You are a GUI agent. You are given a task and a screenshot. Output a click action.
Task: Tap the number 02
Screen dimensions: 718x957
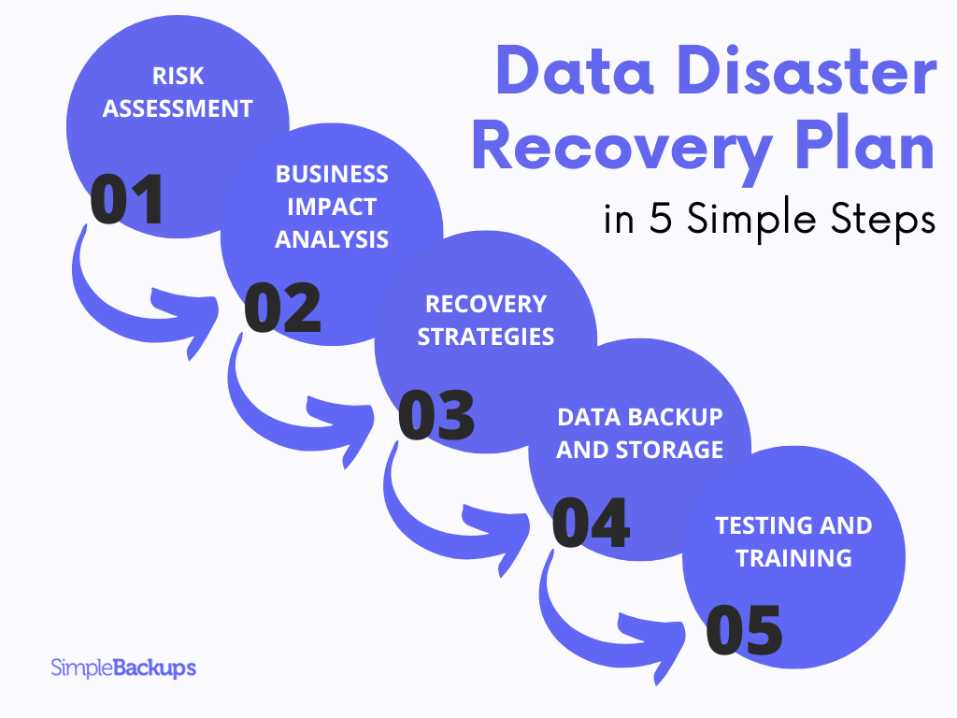click(x=281, y=309)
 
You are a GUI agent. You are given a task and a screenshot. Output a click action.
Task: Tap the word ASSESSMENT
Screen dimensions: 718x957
click(x=178, y=108)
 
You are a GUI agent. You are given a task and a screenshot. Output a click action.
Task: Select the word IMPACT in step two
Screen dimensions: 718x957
click(x=332, y=207)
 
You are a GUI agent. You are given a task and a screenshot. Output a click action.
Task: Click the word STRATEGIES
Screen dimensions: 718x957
click(x=486, y=337)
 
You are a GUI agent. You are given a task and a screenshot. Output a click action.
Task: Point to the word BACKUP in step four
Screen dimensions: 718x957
click(x=678, y=417)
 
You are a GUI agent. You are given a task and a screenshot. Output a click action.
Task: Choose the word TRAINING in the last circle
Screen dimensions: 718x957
click(x=793, y=558)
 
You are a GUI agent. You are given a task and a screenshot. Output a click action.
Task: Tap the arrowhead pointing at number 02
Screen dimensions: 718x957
click(x=192, y=308)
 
